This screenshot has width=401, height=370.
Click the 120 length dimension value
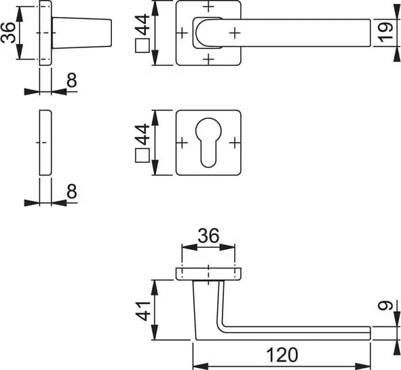click(282, 355)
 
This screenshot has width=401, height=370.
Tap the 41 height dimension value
click(142, 311)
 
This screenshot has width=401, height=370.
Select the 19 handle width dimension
click(385, 33)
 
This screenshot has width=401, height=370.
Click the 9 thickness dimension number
click(385, 306)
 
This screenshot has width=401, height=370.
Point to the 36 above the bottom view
click(208, 236)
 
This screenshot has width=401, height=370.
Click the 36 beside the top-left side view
click(8, 33)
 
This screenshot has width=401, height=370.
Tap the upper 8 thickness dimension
click(72, 80)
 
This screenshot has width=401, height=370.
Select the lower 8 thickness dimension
click(72, 191)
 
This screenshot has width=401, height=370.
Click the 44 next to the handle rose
click(142, 24)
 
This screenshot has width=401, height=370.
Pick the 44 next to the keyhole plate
click(142, 134)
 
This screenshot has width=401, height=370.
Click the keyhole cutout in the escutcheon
click(208, 142)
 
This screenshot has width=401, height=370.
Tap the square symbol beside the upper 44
click(142, 45)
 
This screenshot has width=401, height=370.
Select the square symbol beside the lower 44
click(142, 155)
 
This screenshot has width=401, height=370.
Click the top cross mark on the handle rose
click(208, 6)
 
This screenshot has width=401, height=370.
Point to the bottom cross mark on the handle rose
click(208, 59)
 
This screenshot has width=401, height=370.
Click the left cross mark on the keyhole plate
click(182, 143)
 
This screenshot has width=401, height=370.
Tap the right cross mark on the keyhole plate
click(235, 143)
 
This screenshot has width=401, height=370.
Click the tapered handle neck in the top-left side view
click(82, 33)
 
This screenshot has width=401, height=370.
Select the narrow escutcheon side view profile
click(45, 143)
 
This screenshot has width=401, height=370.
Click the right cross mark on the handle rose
click(235, 33)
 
